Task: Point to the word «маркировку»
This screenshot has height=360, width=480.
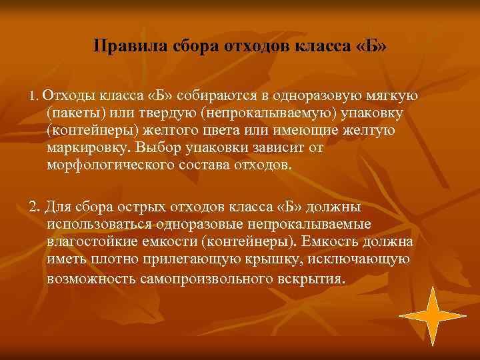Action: pyautogui.click(x=90, y=147)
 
